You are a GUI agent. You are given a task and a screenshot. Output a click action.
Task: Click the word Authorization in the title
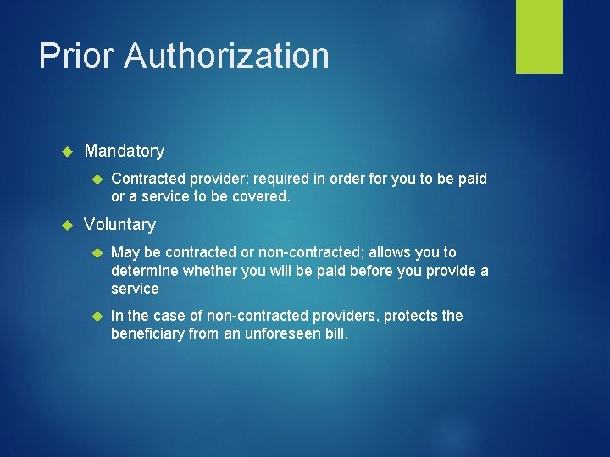[x=227, y=56]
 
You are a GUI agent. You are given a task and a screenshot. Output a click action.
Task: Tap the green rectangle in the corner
[x=539, y=36]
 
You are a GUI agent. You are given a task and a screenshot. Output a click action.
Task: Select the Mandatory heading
[x=125, y=151]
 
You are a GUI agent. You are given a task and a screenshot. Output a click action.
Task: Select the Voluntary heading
[x=120, y=224]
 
